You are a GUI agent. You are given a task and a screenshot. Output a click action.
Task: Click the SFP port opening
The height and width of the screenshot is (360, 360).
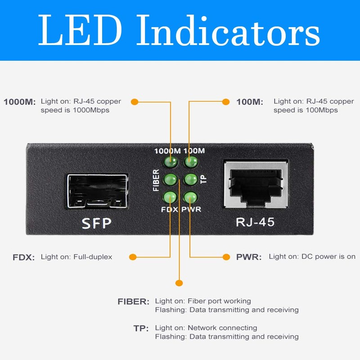click(x=98, y=191)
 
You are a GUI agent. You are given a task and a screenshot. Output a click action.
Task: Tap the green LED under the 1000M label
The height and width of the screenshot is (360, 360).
click(x=171, y=162)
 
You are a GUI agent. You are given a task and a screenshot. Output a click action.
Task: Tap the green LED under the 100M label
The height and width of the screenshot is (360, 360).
click(x=190, y=162)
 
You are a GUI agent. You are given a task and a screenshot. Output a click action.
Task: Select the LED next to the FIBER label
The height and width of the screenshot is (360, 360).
click(x=171, y=179)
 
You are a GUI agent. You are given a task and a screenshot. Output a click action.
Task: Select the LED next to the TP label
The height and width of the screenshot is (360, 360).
click(x=191, y=179)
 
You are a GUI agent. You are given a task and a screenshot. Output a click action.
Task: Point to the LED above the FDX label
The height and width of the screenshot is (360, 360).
click(x=170, y=197)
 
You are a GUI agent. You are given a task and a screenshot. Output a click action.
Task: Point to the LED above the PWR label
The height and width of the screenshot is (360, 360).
click(x=190, y=197)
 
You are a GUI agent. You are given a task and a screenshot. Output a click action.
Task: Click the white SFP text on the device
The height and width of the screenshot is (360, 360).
click(x=97, y=223)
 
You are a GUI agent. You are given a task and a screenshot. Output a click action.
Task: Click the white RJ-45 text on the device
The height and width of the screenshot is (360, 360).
click(x=255, y=222)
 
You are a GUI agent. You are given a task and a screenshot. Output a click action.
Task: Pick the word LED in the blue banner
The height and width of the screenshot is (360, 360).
click(x=80, y=30)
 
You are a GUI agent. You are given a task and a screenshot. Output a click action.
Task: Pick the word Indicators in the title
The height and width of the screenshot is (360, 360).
click(x=228, y=30)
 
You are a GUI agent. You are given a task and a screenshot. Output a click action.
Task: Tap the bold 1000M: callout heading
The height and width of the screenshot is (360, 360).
click(x=20, y=102)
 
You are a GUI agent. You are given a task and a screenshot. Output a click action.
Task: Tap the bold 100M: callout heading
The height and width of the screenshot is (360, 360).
click(x=250, y=102)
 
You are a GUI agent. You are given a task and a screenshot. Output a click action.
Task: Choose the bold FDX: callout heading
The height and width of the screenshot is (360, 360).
click(x=24, y=257)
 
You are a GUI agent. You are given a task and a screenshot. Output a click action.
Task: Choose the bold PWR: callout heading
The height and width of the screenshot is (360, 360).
click(x=249, y=257)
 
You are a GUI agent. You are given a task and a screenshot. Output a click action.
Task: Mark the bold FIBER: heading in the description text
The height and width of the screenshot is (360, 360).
click(x=133, y=301)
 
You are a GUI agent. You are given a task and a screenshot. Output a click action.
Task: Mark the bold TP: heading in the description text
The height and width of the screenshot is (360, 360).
click(x=141, y=328)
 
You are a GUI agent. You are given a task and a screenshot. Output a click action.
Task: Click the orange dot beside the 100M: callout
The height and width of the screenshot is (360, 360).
click(x=226, y=102)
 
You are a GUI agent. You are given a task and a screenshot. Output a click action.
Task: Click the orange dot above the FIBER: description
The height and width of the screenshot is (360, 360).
click(x=179, y=283)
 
